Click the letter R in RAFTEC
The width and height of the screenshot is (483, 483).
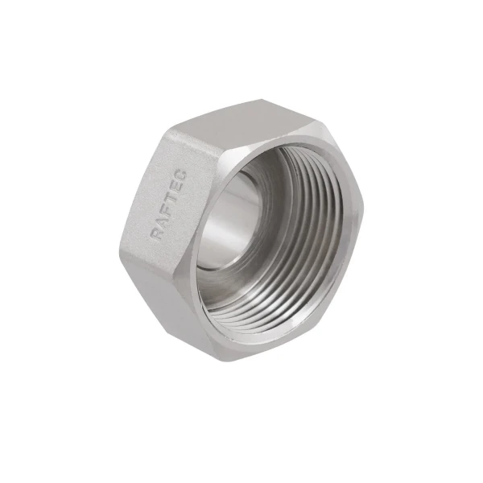[155, 234]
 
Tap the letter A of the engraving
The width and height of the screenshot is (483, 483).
[159, 219]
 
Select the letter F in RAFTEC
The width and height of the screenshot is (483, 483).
[163, 204]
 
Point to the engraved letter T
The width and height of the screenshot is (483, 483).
[168, 191]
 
